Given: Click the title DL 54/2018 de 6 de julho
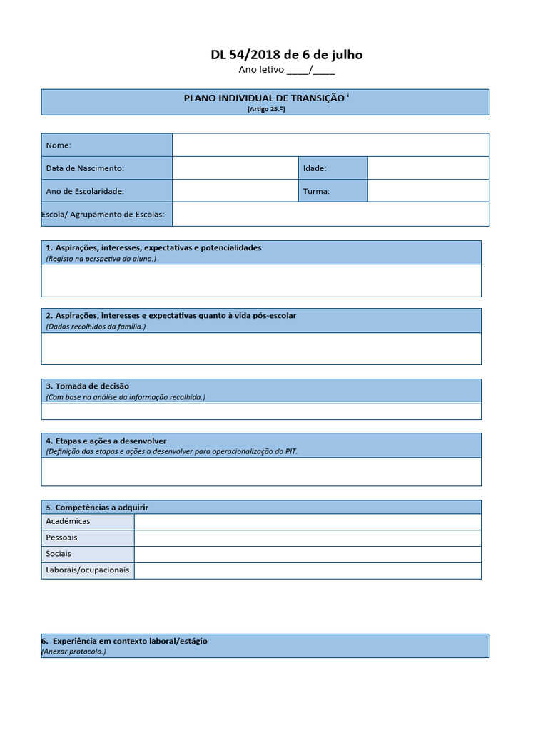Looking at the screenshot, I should (286, 55).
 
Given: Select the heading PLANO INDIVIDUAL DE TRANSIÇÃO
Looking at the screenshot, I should (263, 98).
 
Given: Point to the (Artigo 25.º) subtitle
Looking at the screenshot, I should (265, 109).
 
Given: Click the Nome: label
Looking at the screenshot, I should (59, 145).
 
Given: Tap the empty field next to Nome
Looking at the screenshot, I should (330, 145).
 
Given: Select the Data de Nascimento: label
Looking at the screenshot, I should (85, 168).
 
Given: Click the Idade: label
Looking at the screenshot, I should (315, 168).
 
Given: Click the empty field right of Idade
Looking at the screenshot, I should (428, 168).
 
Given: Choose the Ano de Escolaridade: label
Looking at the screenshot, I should (85, 191).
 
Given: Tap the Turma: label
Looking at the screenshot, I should (316, 191).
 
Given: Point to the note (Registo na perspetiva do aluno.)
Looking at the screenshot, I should (101, 258).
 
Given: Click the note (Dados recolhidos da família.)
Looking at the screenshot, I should (96, 326).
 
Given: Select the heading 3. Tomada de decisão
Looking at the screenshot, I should (87, 386).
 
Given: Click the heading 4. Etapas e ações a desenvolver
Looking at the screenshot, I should (106, 441).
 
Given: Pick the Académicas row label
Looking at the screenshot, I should (68, 521).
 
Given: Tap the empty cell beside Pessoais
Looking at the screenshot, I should (308, 538).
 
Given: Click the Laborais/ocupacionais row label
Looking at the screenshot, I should (87, 570).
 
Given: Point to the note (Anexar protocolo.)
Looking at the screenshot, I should (73, 651).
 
